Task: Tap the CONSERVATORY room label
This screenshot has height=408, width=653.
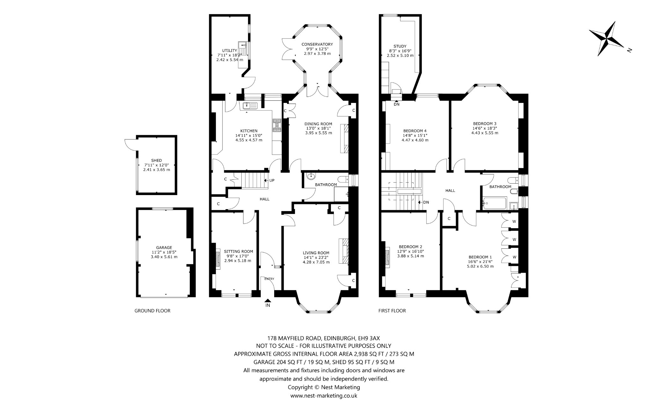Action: click(317, 44)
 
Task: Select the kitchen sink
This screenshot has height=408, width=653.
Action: click(250, 106)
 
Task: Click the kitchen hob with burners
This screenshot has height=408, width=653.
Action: click(276, 125)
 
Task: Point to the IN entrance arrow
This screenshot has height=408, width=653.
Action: click(268, 300)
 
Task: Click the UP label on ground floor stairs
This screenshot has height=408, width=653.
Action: click(272, 180)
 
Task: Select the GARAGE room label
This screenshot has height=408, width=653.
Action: click(164, 248)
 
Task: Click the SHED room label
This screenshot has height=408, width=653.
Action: click(157, 161)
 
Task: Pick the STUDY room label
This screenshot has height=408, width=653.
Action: click(400, 47)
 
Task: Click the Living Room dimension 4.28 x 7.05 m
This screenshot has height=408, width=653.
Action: click(316, 262)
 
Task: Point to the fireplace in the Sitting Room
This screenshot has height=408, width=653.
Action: click(218, 259)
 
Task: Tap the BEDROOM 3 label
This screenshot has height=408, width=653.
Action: click(485, 124)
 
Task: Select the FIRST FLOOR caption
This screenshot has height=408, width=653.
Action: click(392, 311)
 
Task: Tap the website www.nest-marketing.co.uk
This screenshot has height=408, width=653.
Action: click(324, 396)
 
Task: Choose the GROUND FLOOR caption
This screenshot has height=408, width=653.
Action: click(152, 311)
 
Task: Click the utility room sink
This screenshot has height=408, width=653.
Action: click(241, 45)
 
